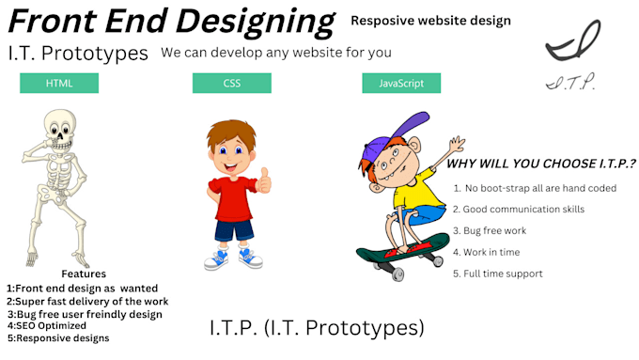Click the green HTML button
[59, 84]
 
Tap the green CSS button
[231, 84]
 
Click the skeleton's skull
[58, 128]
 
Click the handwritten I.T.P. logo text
[569, 83]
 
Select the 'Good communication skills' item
[523, 209]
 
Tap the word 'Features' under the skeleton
[84, 274]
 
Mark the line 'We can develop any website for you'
[276, 52]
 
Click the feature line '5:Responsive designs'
[58, 337]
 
